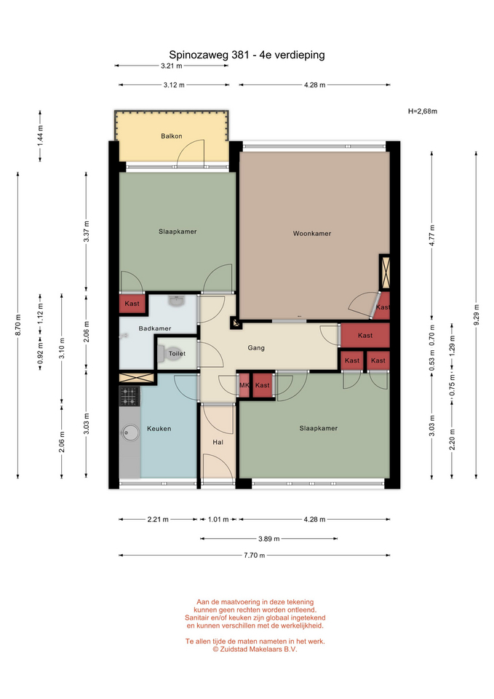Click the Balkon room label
click(x=172, y=136)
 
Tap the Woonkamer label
click(x=312, y=233)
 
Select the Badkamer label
click(x=154, y=328)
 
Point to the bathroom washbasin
click(x=176, y=301)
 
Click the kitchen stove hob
click(x=130, y=396)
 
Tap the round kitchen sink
click(x=130, y=433)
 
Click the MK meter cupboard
click(x=244, y=385)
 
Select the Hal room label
click(x=218, y=442)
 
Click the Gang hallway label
click(x=256, y=348)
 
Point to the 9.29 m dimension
click(x=477, y=315)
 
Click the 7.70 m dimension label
click(x=255, y=556)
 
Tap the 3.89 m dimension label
click(x=269, y=539)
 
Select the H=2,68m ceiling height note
click(x=422, y=111)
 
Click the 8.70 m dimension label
click(x=17, y=325)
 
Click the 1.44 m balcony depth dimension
click(x=40, y=135)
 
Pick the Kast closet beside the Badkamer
click(x=132, y=304)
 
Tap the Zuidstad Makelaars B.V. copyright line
click(x=255, y=649)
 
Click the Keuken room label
click(x=159, y=429)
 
